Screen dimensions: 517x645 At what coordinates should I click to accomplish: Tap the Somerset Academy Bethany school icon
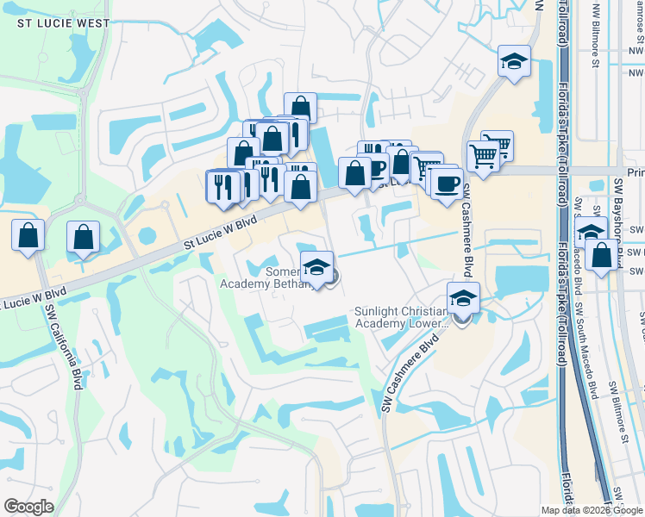[316, 266]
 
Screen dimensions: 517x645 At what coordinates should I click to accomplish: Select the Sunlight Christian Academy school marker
[463, 298]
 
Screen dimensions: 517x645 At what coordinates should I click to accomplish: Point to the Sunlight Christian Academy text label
[401, 317]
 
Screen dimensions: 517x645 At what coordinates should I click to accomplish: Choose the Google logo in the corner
[28, 507]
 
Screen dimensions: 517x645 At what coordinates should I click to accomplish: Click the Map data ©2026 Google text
[591, 510]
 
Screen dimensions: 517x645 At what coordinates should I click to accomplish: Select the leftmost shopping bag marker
[28, 236]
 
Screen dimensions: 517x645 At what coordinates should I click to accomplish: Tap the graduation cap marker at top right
[514, 62]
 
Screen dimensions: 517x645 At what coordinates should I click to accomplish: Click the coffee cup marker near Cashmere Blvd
[447, 183]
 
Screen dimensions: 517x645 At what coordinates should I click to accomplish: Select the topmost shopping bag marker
[300, 108]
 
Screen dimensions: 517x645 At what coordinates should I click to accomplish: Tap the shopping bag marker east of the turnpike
[601, 255]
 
